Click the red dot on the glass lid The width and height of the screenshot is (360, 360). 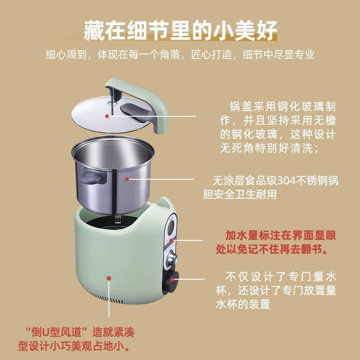[x=107, y=116]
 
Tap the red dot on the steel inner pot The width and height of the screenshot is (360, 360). [x=127, y=180]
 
